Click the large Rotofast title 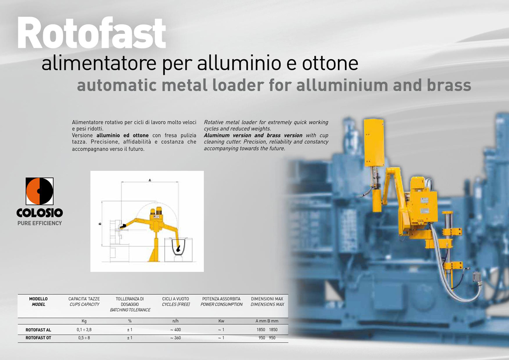(92, 33)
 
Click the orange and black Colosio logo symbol (40, 191)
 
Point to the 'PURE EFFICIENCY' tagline (40, 223)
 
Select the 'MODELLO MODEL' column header (38, 302)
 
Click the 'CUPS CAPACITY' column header (85, 304)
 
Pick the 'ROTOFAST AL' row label (38, 330)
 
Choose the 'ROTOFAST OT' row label (38, 338)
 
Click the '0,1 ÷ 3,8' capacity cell (84, 330)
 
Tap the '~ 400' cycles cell (175, 330)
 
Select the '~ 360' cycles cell (175, 338)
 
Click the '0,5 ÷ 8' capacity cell (84, 338)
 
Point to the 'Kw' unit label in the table (221, 321)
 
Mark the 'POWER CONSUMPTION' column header (221, 304)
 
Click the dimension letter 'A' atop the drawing (150, 180)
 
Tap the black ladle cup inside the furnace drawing (179, 250)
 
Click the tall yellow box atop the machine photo (374, 143)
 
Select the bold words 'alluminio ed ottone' (122, 135)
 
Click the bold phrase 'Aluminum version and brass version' (253, 135)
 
